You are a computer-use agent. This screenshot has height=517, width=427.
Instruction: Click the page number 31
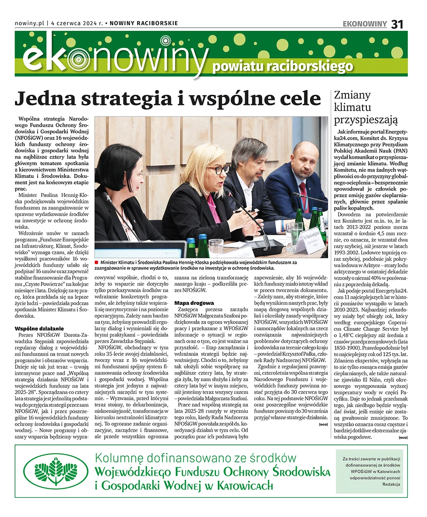point(397,24)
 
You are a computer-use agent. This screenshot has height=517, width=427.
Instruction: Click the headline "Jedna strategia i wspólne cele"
point(167,99)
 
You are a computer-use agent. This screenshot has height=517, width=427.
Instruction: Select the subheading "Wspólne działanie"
point(39,328)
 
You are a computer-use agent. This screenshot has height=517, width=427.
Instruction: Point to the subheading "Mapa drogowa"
point(194,303)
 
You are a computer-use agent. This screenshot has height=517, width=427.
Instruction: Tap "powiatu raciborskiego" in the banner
point(283,67)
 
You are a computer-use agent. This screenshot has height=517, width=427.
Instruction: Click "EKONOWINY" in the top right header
point(365,24)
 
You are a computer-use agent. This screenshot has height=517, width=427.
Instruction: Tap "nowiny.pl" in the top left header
point(29,23)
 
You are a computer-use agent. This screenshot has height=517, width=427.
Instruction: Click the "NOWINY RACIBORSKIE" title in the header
point(143,23)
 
